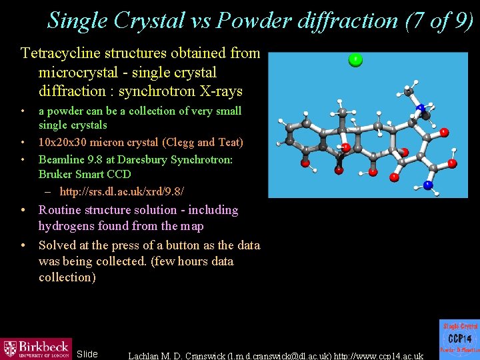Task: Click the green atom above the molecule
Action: tap(355, 61)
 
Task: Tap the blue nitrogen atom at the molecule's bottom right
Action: tap(429, 185)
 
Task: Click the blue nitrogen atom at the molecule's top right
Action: tap(421, 108)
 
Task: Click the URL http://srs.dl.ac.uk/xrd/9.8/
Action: tap(122, 192)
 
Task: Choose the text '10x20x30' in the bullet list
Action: tap(62, 142)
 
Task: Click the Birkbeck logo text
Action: tap(45, 346)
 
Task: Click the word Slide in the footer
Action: tap(87, 354)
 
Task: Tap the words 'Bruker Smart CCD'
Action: tap(85, 174)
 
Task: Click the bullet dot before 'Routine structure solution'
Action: tap(23, 210)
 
